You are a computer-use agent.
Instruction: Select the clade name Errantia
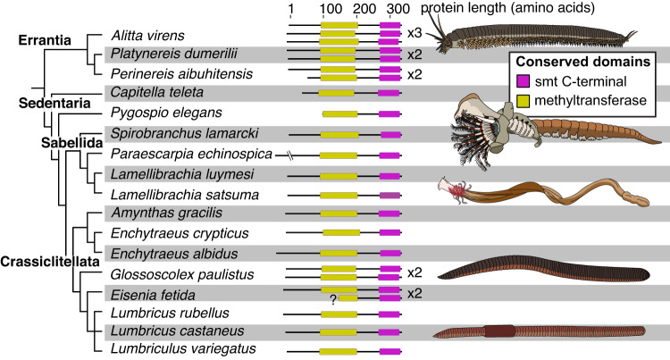pyautogui.click(x=47, y=42)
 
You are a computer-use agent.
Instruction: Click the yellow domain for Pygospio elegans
pyautogui.click(x=339, y=113)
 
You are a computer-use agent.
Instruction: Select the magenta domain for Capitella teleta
pyautogui.click(x=389, y=92)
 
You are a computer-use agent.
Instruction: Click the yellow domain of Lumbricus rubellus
pyautogui.click(x=340, y=314)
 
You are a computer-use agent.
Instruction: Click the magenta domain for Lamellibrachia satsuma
pyautogui.click(x=389, y=193)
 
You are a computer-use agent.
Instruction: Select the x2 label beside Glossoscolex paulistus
pyautogui.click(x=415, y=272)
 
